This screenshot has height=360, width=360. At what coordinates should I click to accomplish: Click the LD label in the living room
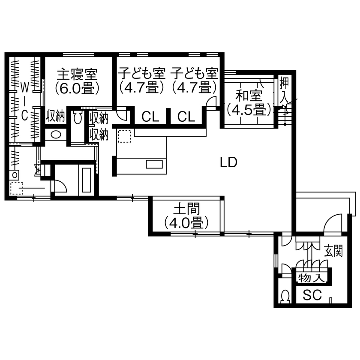coord(228,163)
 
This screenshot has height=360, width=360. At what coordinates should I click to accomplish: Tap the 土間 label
coord(186,209)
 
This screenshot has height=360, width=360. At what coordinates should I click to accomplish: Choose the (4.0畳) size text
coord(186,222)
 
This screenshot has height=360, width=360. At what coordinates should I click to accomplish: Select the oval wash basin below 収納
coord(56,134)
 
